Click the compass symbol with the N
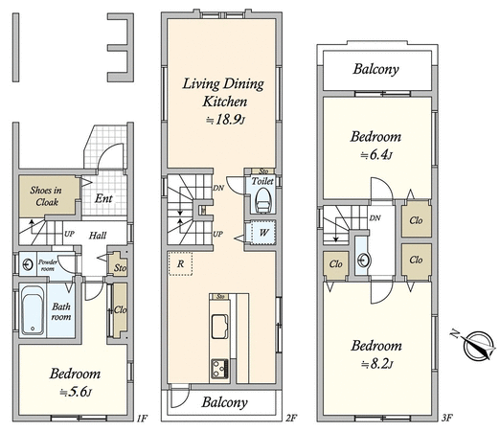pos(475,345)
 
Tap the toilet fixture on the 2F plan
pos(263,200)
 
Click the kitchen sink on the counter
pos(219,327)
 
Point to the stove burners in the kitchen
pos(219,368)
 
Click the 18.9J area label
pos(226,120)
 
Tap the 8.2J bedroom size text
pos(376,364)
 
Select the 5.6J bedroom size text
pos(76,392)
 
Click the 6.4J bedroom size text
pos(376,155)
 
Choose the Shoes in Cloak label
pos(46,196)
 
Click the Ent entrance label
pos(103,198)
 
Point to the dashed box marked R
pos(180,263)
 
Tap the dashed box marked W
pos(263,232)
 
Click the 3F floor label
pos(447,418)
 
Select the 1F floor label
pos(142,418)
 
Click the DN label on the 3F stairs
pos(375,218)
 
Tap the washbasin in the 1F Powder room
pos(28,264)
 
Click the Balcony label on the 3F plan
pos(375,69)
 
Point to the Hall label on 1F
pos(98,236)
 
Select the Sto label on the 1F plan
pos(120,267)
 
